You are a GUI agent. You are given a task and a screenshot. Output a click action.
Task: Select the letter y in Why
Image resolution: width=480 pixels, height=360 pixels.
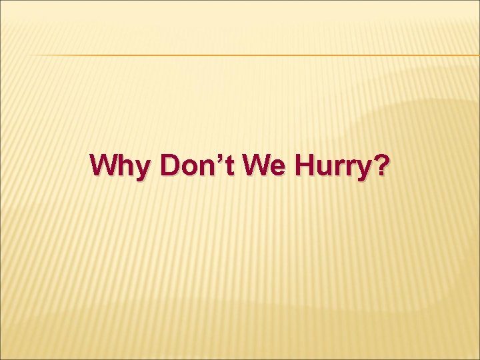pyautogui.click(x=142, y=168)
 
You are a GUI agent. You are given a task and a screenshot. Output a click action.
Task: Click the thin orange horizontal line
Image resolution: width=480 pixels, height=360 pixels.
pyautogui.click(x=253, y=55)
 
